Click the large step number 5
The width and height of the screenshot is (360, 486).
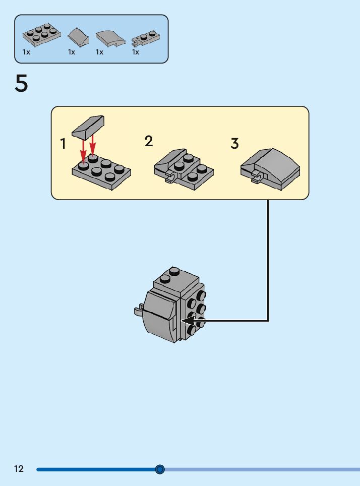click(x=21, y=84)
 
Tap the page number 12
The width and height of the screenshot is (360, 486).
click(x=19, y=469)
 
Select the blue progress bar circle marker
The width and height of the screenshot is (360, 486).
click(x=160, y=469)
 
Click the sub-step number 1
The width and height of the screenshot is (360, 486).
click(x=63, y=144)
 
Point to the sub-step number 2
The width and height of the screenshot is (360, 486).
click(x=149, y=141)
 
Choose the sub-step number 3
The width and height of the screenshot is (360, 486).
click(x=234, y=144)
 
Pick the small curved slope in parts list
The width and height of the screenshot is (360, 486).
click(x=78, y=36)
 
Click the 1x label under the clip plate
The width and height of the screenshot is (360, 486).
click(x=136, y=52)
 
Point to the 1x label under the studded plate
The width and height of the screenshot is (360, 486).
click(x=26, y=52)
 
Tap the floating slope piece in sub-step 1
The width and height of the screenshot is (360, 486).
click(x=88, y=126)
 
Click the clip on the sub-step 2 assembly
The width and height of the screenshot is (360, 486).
click(x=169, y=176)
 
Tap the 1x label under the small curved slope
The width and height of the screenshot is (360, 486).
click(x=72, y=52)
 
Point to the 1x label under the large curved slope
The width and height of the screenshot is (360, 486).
click(x=99, y=52)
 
